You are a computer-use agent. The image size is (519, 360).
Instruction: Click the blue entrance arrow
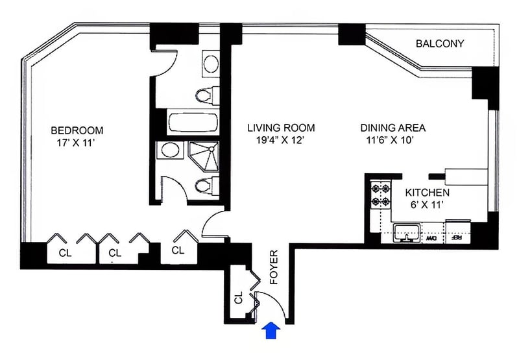pyautogui.click(x=271, y=330)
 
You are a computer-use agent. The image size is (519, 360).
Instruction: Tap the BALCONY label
pyautogui.click(x=440, y=43)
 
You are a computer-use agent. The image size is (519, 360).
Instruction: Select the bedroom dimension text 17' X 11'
pyautogui.click(x=76, y=143)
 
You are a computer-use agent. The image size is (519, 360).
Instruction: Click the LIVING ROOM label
pyautogui.click(x=281, y=128)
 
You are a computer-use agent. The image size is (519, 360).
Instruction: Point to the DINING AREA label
pyautogui.click(x=393, y=128)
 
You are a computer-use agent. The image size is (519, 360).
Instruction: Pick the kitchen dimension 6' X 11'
pyautogui.click(x=427, y=205)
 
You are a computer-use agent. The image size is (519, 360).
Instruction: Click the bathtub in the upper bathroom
pyautogui.click(x=193, y=123)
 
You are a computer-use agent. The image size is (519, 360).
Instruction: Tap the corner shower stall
pyautogui.click(x=204, y=156)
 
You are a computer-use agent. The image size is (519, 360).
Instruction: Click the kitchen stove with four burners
pyautogui.click(x=381, y=195)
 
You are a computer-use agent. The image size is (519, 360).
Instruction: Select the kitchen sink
pyautogui.click(x=407, y=233)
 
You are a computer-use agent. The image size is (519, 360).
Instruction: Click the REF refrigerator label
pyautogui.click(x=457, y=238)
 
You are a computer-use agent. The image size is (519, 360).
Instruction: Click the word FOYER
pyautogui.click(x=274, y=267)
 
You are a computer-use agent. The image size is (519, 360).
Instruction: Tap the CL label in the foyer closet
pyautogui.click(x=239, y=298)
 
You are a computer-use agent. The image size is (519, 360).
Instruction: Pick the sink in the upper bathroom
pyautogui.click(x=211, y=64)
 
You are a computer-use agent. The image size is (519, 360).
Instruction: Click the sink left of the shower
pyautogui.click(x=171, y=150)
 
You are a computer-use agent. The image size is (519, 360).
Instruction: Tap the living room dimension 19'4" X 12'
pyautogui.click(x=280, y=140)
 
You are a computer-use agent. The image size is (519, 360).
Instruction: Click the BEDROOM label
pyautogui.click(x=77, y=130)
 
